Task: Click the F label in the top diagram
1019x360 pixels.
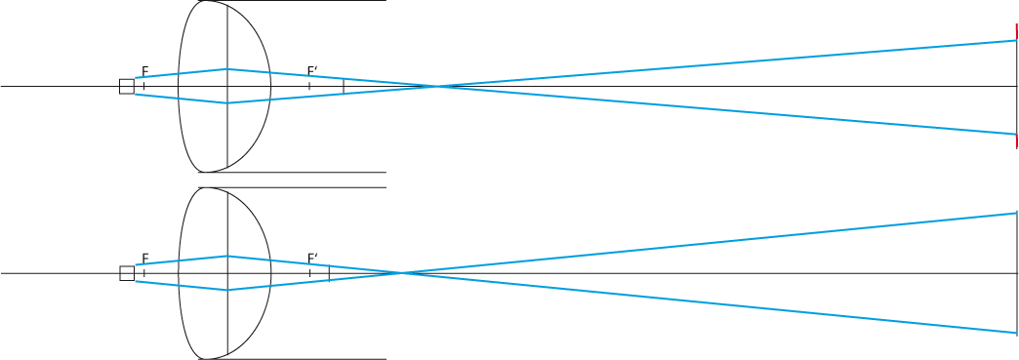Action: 144,71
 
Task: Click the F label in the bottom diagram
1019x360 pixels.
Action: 144,259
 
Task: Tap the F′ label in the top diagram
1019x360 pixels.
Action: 312,71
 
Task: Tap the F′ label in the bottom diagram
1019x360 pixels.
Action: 312,259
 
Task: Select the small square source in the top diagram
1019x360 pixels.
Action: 127,87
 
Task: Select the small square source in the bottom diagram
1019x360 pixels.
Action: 127,273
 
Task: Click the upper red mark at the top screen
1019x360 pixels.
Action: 1016,32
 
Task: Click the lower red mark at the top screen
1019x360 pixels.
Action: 1016,141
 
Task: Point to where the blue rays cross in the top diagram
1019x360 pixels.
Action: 437,87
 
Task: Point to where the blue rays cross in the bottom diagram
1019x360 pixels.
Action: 402,273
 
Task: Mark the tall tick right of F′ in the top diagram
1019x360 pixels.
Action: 344,87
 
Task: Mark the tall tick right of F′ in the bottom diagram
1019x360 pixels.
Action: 330,273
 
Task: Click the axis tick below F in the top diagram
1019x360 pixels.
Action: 143,87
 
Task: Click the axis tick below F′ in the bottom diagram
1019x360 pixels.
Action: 310,273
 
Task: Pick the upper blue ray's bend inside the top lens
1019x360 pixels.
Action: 226,69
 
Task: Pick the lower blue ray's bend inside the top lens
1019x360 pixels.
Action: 226,102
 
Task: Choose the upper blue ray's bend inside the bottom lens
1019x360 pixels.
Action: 226,256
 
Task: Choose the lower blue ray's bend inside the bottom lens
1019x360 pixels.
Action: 226,290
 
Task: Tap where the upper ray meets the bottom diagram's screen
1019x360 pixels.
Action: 1016,213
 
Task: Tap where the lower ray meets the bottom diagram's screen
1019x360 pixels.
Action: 1016,333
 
